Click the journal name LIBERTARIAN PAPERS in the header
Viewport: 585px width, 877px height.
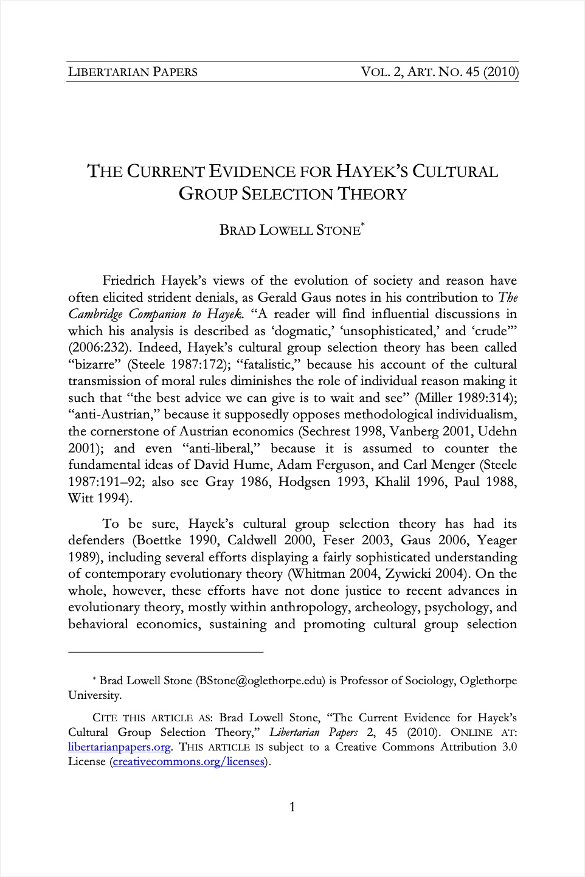[133, 72]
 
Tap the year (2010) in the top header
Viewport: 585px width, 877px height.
[501, 72]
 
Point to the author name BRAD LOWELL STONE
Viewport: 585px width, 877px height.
[289, 231]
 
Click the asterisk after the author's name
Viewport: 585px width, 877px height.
[363, 226]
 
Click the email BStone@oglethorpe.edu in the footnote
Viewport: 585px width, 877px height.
[261, 681]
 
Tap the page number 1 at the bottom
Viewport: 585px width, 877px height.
[292, 807]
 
